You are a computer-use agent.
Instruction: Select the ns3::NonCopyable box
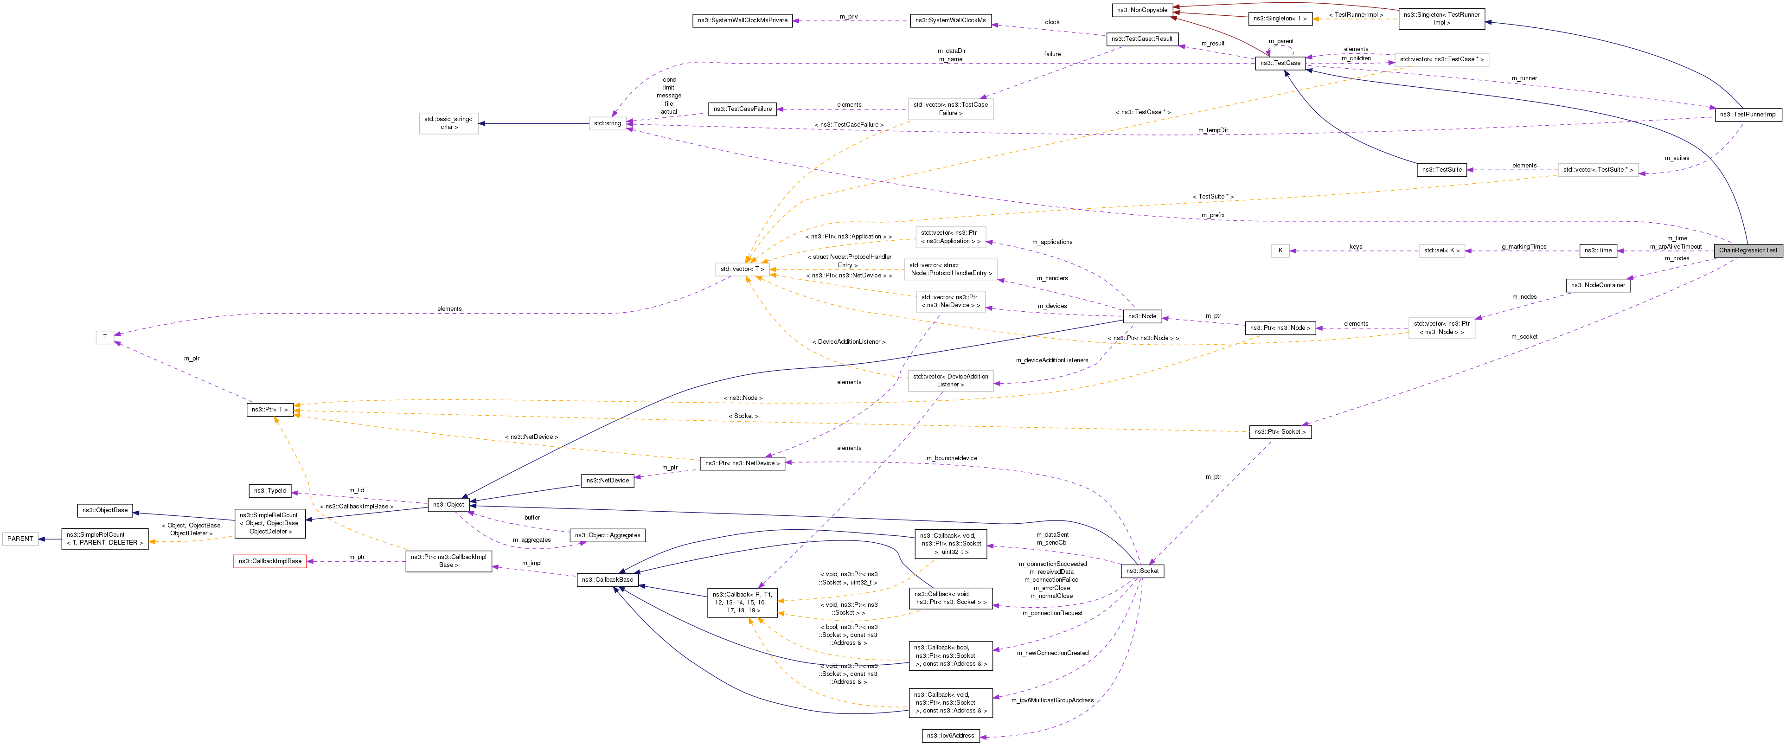(x=1142, y=10)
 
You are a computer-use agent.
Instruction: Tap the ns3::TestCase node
(x=1280, y=63)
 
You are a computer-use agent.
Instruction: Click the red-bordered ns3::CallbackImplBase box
(x=270, y=561)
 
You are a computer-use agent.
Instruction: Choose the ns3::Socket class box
(x=1142, y=571)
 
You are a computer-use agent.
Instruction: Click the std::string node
(x=608, y=123)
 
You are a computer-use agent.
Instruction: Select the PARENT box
(x=20, y=539)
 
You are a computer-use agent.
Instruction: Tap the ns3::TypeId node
(x=270, y=491)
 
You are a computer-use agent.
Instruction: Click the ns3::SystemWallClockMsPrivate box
(x=742, y=21)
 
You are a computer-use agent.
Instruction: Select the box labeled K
(x=1280, y=250)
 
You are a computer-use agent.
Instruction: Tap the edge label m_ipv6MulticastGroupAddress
(x=1052, y=700)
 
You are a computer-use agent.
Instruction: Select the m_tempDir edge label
(x=1213, y=130)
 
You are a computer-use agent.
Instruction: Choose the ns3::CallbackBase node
(x=607, y=580)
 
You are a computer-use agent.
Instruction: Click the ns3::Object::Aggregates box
(x=608, y=535)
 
